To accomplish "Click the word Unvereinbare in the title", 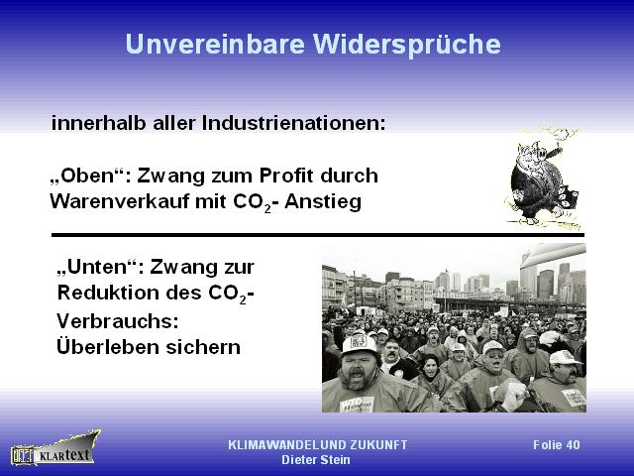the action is (215, 44).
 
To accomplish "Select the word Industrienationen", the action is (294, 123).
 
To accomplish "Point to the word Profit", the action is (286, 176).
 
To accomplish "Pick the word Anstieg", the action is (323, 202).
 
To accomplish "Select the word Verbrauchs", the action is (117, 321).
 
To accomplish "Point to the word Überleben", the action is (108, 346).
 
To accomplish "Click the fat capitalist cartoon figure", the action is (543, 178).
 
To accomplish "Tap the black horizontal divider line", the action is (318, 235).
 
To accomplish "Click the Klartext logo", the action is (55, 448).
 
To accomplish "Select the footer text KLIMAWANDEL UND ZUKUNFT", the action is (317, 445).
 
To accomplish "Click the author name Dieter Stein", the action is (316, 460).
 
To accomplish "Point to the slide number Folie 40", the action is (557, 445).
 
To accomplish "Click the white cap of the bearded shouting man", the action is (359, 344).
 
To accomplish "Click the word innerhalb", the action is (98, 123).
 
